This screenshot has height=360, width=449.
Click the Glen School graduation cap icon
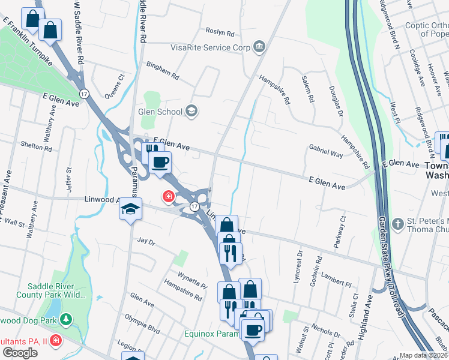coord(191,110)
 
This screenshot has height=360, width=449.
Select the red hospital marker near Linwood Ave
coord(168,196)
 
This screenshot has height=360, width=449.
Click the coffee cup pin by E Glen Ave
coord(160,162)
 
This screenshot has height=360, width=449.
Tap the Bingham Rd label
coord(163,72)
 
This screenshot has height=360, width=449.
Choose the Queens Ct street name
coord(113,86)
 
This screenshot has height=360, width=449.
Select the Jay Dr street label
coord(146,242)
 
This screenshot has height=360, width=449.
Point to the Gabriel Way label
coord(325,150)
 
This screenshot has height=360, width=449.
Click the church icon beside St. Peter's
coord(397,224)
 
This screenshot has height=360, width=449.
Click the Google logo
coord(20,353)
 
